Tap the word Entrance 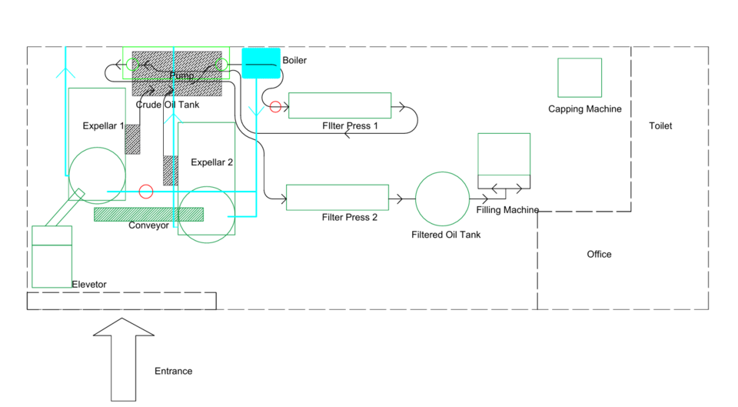(x=173, y=372)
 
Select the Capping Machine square (x=579, y=78)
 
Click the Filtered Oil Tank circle (x=442, y=199)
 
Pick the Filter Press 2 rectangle (x=337, y=197)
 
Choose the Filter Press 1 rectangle (x=339, y=105)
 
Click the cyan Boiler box (x=261, y=63)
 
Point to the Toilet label (x=660, y=126)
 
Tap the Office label (x=599, y=255)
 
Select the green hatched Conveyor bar (x=148, y=214)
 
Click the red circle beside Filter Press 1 (x=275, y=107)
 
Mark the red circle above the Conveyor (x=146, y=191)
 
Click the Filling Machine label (x=507, y=210)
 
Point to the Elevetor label (x=89, y=285)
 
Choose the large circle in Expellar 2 (x=208, y=214)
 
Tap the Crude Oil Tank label (x=168, y=105)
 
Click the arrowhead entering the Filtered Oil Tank (x=399, y=199)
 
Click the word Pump (x=181, y=75)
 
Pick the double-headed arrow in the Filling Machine (x=507, y=188)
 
